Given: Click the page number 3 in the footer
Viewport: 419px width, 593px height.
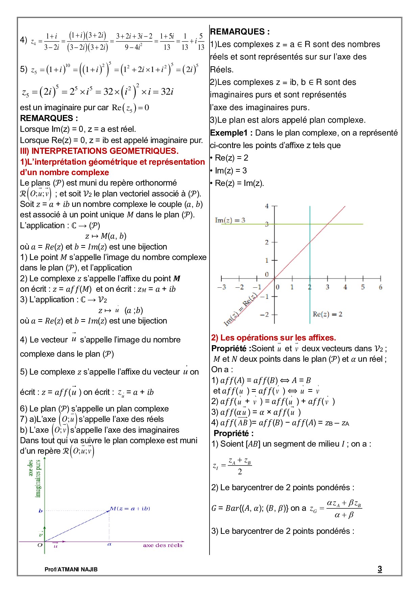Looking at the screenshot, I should tap(380, 569).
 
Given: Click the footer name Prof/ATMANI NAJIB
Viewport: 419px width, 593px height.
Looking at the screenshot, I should tap(71, 569).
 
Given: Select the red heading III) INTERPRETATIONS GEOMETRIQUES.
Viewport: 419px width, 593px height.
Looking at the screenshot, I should tap(99, 151).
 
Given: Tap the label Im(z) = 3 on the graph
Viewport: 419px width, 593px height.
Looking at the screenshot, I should tap(230, 220).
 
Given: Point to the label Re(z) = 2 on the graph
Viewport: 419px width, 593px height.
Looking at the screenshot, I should tap(327, 314).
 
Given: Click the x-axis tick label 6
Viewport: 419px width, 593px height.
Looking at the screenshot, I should tap(380, 287).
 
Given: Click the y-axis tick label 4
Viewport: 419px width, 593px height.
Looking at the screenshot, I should tap(267, 206).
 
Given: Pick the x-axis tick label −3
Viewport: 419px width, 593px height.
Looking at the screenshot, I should tap(222, 287).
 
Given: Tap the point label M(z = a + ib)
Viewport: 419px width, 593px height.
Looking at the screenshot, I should tap(130, 508).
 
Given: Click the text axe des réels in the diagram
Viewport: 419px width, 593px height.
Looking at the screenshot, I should tap(163, 545).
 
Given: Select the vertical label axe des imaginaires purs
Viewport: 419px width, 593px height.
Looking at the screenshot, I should tap(34, 478).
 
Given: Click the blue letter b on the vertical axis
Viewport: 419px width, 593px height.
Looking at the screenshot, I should tap(41, 511).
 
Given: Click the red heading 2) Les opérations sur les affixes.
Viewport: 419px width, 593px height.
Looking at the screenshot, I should tap(273, 337).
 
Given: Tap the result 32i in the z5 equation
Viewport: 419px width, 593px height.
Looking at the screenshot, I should tap(167, 92).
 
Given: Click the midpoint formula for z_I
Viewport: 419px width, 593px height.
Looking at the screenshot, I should tap(232, 466).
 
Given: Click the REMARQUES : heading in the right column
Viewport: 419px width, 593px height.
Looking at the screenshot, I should tap(240, 32).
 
